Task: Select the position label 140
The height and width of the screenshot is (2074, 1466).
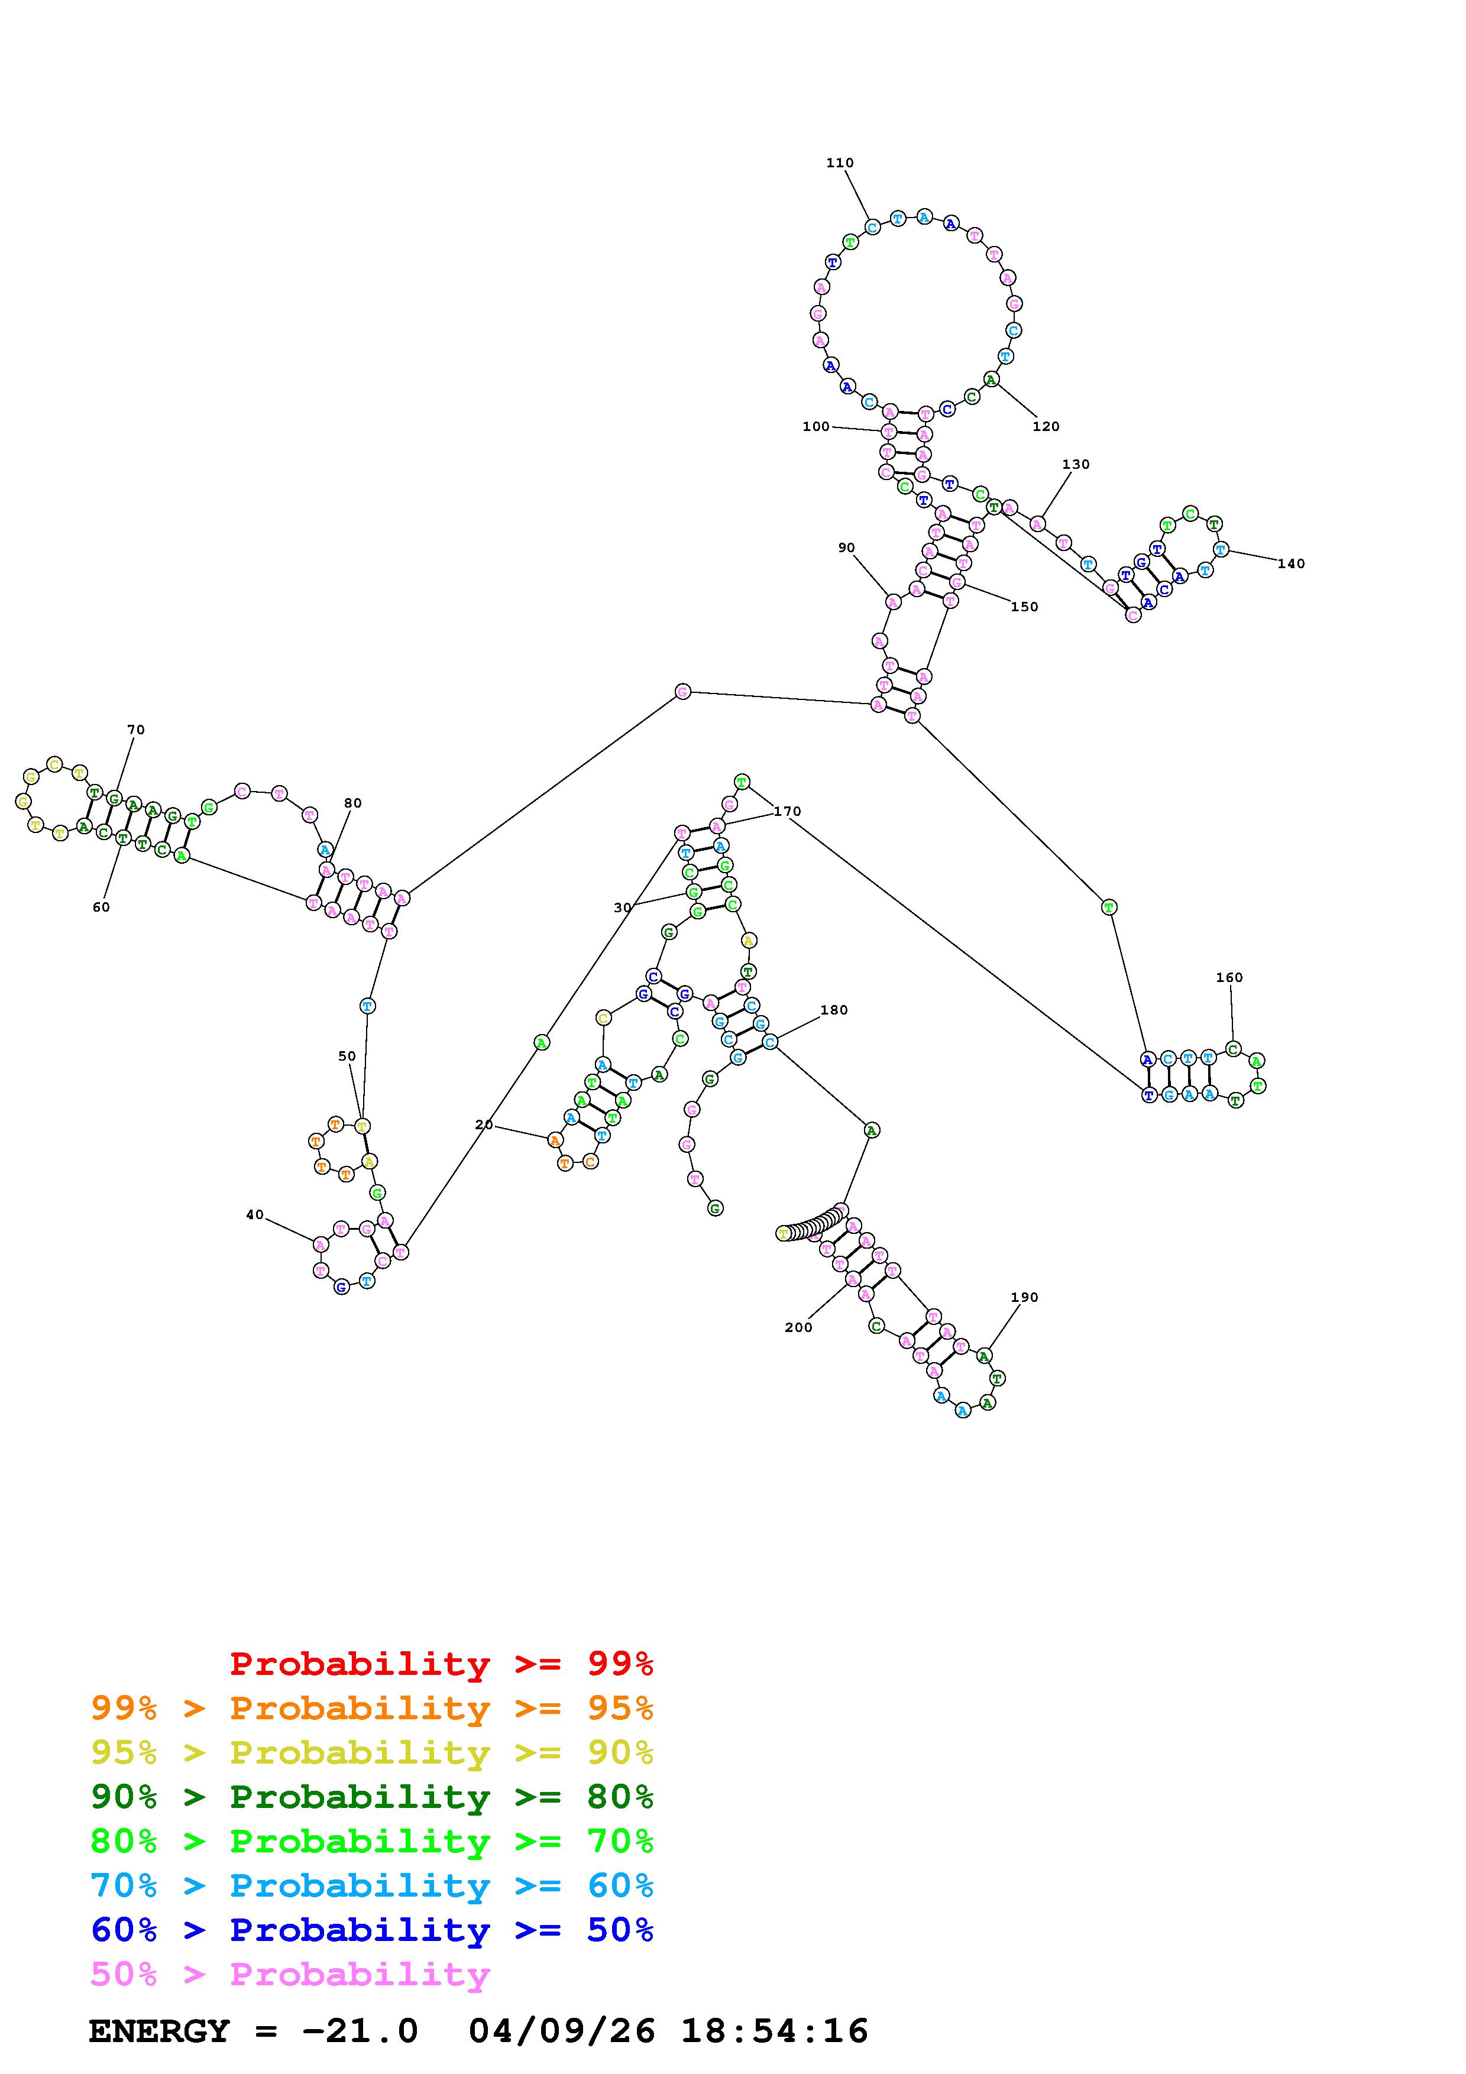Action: [1291, 563]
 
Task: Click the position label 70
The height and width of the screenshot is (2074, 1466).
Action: [135, 730]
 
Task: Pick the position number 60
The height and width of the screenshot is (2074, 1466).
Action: [101, 907]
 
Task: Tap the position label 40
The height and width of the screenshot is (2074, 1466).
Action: [255, 1215]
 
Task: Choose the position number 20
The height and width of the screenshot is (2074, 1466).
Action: [484, 1125]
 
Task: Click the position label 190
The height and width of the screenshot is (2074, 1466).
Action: [1024, 1297]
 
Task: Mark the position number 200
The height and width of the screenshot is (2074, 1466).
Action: [798, 1327]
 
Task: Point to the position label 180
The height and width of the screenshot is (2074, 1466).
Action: [834, 1010]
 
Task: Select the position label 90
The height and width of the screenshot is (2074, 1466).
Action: [846, 547]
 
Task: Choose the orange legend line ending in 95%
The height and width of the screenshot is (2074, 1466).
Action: [371, 1708]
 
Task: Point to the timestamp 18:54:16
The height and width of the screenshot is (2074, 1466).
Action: [774, 2031]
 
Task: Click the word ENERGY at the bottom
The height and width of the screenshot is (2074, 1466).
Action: [159, 2031]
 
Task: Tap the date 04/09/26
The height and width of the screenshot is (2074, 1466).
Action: [562, 2031]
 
